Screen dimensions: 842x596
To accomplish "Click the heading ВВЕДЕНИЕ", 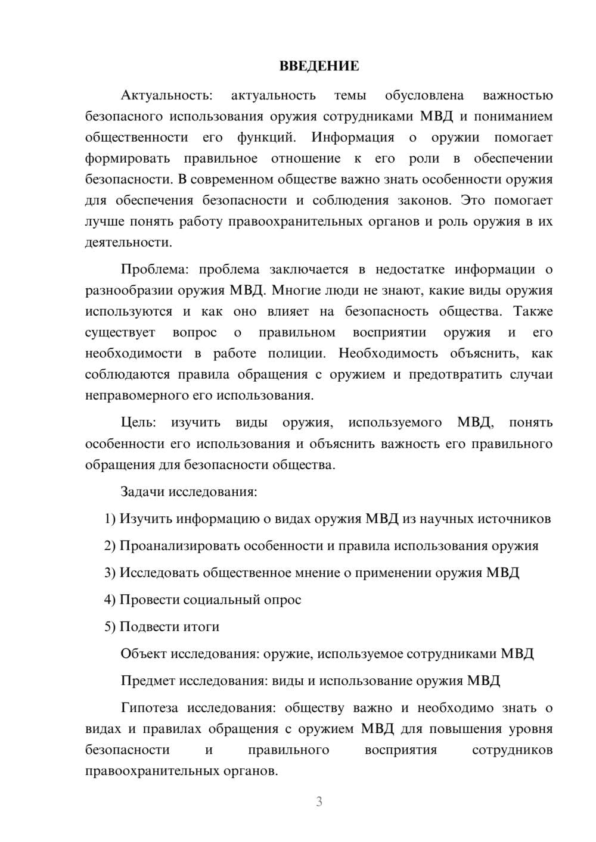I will pos(319,66).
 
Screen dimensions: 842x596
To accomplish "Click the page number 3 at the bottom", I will pos(319,802).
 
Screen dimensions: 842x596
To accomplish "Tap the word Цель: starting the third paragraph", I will pos(138,422).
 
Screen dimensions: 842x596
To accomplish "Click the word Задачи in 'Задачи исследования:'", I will pos(143,492).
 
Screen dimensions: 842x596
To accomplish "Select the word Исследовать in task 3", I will pos(159,572).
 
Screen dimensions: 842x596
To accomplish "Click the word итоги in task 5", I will pos(201,626).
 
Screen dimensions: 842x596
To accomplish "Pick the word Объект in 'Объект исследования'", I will pos(144,654).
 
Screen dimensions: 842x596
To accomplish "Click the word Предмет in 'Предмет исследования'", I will pos(147,681).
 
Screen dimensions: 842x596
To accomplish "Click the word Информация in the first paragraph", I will pos(352,138).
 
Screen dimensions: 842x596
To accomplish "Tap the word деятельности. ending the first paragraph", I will pos(129,242).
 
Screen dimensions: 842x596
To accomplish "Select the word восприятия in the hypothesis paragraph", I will pos(401,750).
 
